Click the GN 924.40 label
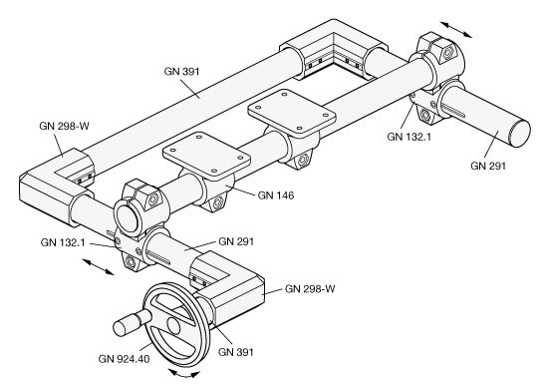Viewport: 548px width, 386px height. coord(124,359)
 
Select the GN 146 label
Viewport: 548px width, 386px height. coord(276,195)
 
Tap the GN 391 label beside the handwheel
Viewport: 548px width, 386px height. coord(235,352)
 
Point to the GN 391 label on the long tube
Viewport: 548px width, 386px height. coord(181,72)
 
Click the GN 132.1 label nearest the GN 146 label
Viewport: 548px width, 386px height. coord(63,242)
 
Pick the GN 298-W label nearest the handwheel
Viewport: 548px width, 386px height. coord(310,288)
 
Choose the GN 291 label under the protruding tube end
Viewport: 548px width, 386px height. coord(488,166)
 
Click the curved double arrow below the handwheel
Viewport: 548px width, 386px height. coord(184,375)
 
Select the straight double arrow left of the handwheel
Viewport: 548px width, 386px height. coord(98,266)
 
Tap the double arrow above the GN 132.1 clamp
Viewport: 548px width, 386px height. coord(455,29)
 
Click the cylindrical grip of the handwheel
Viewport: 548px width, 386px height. coord(133,322)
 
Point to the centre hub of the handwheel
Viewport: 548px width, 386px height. coord(173,324)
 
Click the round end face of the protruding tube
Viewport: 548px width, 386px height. coord(520,133)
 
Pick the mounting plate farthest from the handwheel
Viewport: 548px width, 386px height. coord(292,112)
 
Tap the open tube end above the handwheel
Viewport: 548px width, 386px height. coord(128,219)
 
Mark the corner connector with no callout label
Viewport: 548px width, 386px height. coord(334,49)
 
